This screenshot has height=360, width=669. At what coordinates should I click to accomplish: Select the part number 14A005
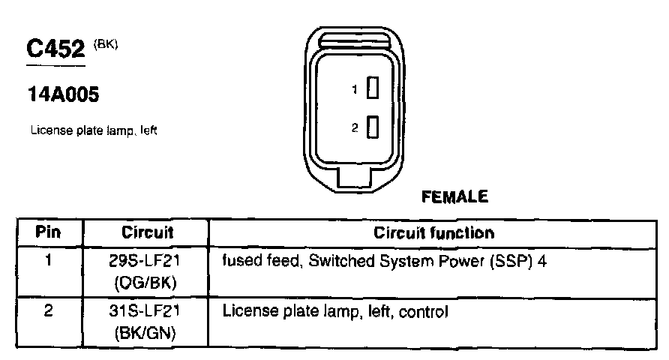pos(64,95)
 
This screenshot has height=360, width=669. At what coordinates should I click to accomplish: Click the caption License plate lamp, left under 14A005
pos(93,130)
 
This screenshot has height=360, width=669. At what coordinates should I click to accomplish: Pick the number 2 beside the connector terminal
pos(355,128)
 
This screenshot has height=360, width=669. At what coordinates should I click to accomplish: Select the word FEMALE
pos(455,197)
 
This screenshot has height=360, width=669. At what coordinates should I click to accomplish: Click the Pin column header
pos(48,232)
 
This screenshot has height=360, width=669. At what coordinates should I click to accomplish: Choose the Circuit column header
pos(146,232)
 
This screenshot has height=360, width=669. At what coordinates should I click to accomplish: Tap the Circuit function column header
pos(433,232)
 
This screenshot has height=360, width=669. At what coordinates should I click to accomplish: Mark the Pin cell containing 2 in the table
pos(48,310)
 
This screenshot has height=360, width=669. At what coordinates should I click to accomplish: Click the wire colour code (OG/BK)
pos(146,283)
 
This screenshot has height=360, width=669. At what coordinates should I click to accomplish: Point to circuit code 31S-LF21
pos(146,310)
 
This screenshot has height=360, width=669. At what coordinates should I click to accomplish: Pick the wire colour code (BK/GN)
pos(146,332)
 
